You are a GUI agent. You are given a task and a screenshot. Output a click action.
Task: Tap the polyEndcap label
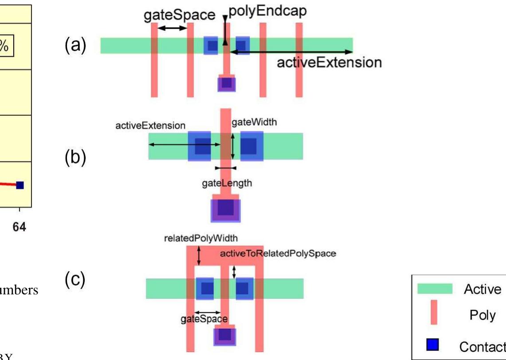point(265,11)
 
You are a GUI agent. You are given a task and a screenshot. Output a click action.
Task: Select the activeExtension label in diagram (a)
point(329,63)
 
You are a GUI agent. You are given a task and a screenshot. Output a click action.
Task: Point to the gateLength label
point(227,183)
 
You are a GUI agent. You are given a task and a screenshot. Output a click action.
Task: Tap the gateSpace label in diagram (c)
point(204,319)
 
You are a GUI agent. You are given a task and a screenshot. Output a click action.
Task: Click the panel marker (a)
point(75,44)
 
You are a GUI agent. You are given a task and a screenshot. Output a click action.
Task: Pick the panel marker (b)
point(75,157)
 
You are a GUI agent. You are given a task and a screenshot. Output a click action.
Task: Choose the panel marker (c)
point(75,280)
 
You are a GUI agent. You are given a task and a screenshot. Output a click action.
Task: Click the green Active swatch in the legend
point(435,289)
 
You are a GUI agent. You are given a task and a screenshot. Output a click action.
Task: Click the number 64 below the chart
point(19,227)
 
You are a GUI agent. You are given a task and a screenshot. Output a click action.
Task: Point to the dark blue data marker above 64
point(20,185)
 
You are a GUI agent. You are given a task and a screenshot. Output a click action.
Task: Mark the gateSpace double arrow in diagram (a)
point(173,28)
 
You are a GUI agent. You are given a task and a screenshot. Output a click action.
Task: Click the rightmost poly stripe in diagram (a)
point(299,60)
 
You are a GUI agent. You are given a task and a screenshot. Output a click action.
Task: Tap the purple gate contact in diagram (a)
point(227,83)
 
